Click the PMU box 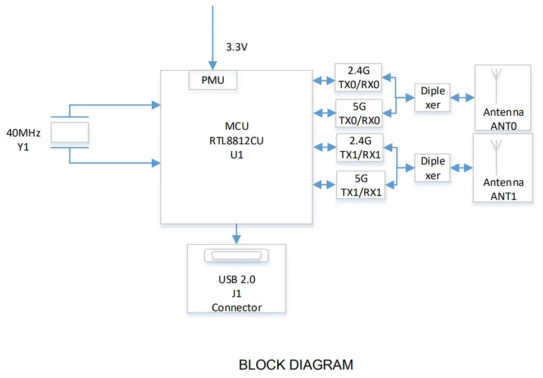[212, 80]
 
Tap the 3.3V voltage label [237, 48]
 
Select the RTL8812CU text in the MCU [236, 141]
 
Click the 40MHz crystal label [23, 133]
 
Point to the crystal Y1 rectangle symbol [70, 133]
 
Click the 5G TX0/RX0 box [359, 113]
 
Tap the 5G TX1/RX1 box [360, 185]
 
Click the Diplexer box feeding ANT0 [432, 98]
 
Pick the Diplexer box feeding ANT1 [432, 168]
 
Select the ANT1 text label [503, 196]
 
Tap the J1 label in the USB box [236, 293]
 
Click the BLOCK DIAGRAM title [296, 365]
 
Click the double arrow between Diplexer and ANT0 [463, 98]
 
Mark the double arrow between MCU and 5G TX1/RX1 [324, 184]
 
